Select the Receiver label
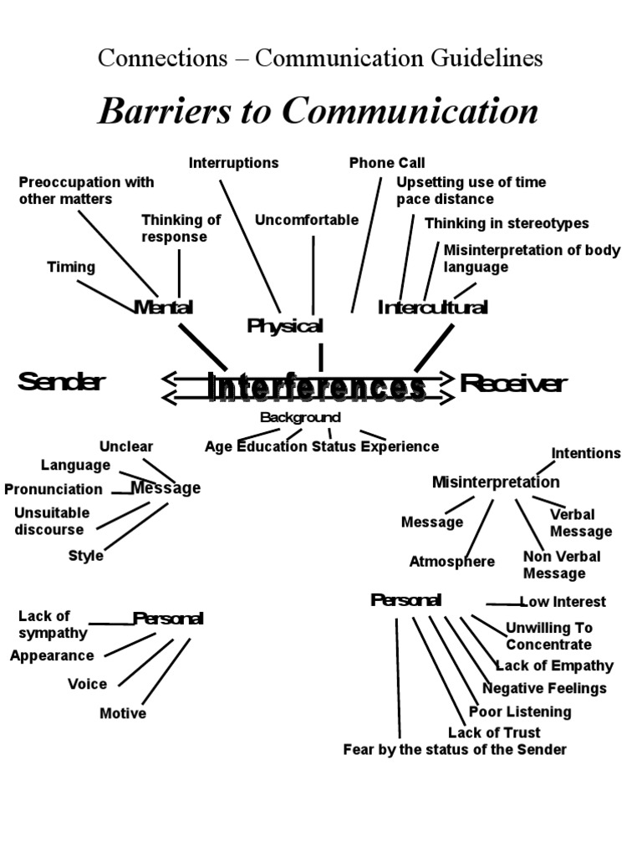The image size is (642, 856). (513, 384)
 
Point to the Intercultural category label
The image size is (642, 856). (432, 308)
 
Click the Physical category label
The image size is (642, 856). (285, 326)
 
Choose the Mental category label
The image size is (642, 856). (163, 307)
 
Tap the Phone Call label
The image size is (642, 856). (387, 163)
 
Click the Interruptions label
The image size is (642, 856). (233, 163)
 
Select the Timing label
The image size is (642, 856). (71, 267)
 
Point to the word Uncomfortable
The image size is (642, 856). (307, 221)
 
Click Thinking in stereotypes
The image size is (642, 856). (507, 223)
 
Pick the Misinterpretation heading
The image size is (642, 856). (496, 482)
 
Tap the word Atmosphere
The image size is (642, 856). (451, 562)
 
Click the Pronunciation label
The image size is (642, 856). (53, 489)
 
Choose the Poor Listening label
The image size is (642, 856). (520, 712)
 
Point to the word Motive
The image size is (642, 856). (123, 713)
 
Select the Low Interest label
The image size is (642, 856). (563, 602)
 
